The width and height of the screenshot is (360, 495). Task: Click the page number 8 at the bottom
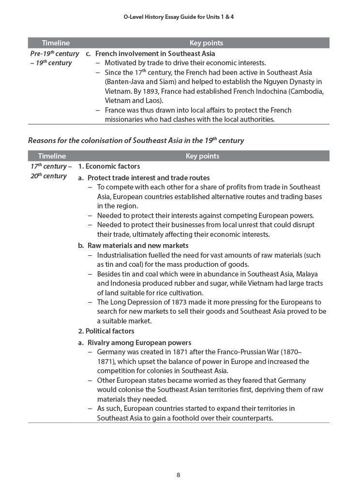tap(178, 475)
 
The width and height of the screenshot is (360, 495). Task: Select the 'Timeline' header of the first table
tap(56, 43)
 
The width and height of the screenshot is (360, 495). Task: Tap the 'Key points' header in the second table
tap(202, 156)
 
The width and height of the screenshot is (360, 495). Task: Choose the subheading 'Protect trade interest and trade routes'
tap(148, 178)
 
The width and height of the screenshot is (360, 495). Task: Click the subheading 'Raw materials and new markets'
tap(137, 246)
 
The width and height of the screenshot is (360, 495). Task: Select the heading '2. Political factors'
tap(106, 331)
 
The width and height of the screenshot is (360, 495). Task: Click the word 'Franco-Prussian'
tap(242, 352)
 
